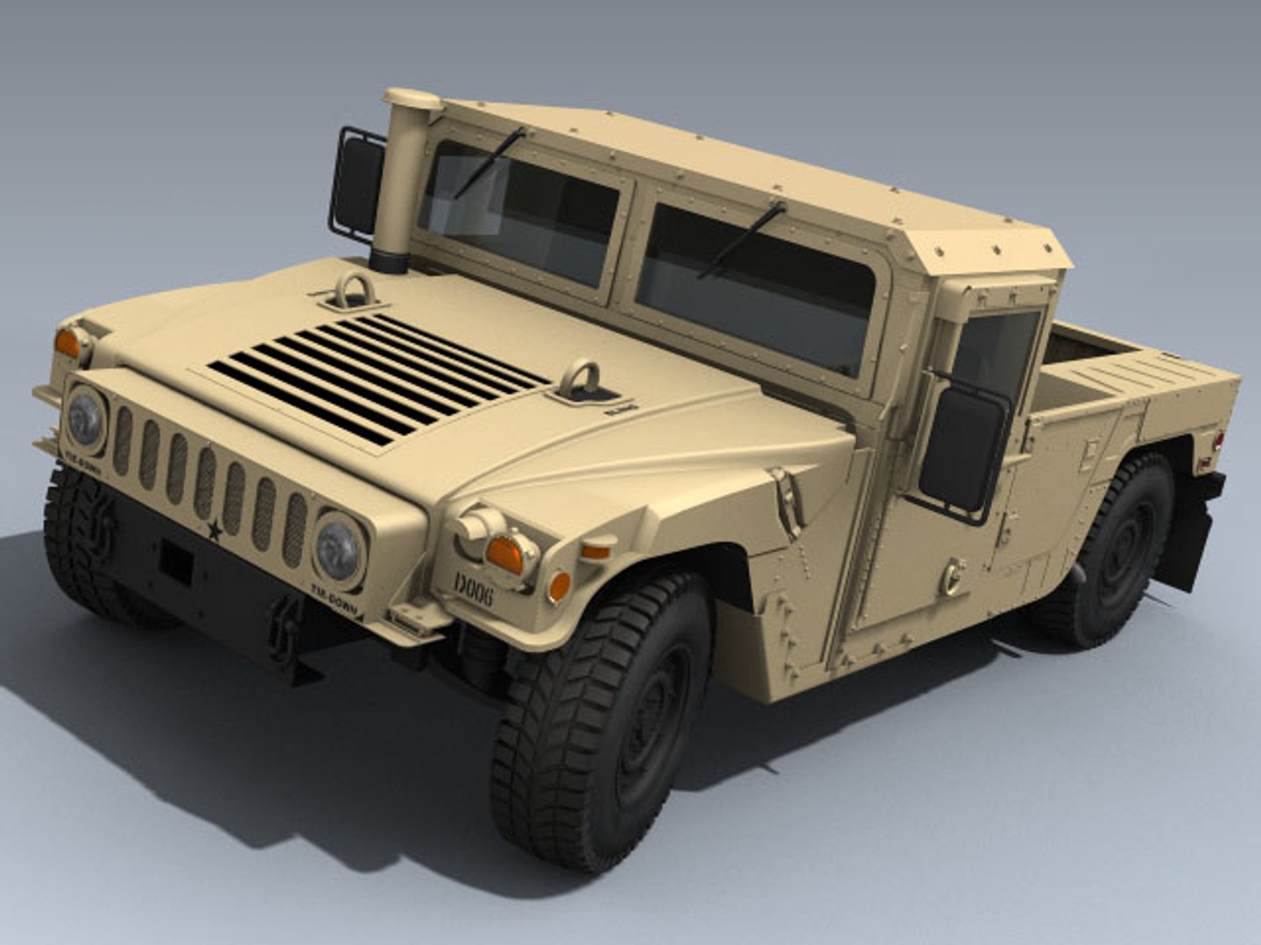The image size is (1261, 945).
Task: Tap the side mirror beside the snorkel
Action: [x=358, y=185]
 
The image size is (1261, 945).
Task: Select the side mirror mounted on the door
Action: [x=962, y=450]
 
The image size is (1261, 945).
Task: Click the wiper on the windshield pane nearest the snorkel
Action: [x=490, y=163]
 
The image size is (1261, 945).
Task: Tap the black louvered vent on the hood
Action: [x=377, y=376]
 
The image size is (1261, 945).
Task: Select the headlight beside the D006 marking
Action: [x=338, y=549]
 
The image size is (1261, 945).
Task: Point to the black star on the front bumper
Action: [x=214, y=529]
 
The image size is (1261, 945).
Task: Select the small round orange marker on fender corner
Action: [x=558, y=585]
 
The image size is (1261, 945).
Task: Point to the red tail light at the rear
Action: [x=1217, y=437]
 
